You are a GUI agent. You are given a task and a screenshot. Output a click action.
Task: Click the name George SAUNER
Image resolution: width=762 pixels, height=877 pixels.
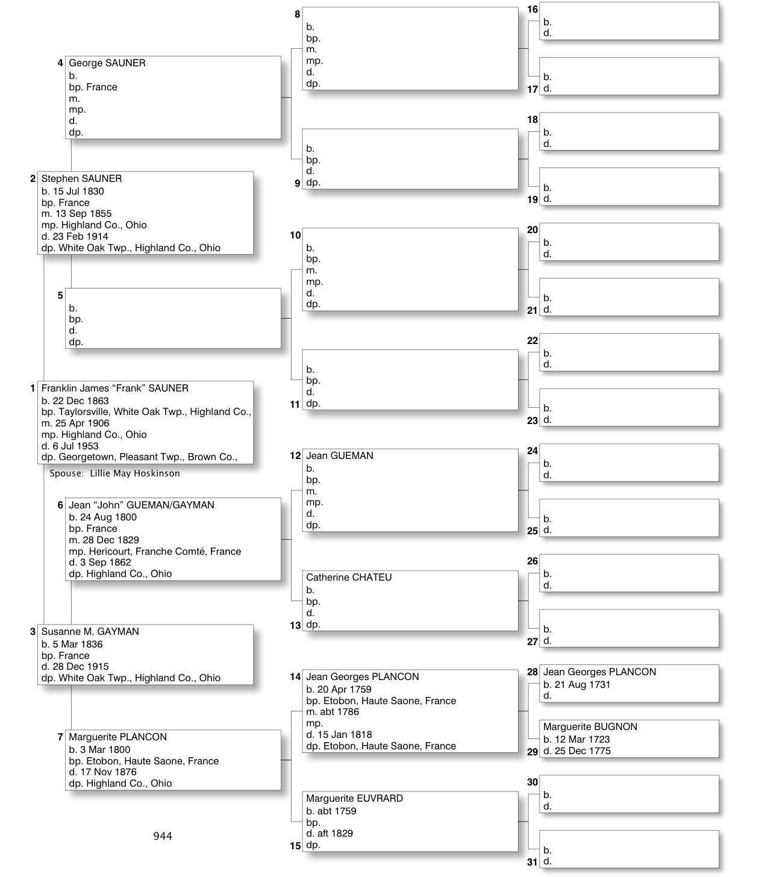107,63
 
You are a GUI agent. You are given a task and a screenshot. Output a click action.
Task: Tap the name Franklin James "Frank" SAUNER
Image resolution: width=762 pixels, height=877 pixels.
114,389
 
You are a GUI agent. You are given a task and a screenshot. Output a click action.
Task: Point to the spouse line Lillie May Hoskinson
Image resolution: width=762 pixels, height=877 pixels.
114,473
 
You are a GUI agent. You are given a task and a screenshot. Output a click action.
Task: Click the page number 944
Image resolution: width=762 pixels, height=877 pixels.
163,836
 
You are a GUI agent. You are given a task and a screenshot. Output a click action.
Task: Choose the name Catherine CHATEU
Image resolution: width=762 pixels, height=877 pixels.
348,578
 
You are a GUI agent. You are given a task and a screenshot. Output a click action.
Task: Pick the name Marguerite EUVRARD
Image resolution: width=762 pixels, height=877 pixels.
354,799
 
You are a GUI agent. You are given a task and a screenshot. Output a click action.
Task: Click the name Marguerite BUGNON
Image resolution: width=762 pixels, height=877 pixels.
590,727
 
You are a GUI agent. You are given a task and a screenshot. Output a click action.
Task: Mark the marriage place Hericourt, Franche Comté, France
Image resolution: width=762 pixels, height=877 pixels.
155,552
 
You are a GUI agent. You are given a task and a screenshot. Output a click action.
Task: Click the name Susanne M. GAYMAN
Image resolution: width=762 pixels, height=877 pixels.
90,632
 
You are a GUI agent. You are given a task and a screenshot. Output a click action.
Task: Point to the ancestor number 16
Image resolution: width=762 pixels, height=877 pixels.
532,10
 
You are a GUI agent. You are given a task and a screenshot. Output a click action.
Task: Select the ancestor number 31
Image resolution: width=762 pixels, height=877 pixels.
532,862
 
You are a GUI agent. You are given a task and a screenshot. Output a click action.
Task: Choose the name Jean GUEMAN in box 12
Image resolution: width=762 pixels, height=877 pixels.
339,456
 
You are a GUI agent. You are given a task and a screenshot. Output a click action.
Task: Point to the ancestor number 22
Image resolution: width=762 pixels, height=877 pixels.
532,341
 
